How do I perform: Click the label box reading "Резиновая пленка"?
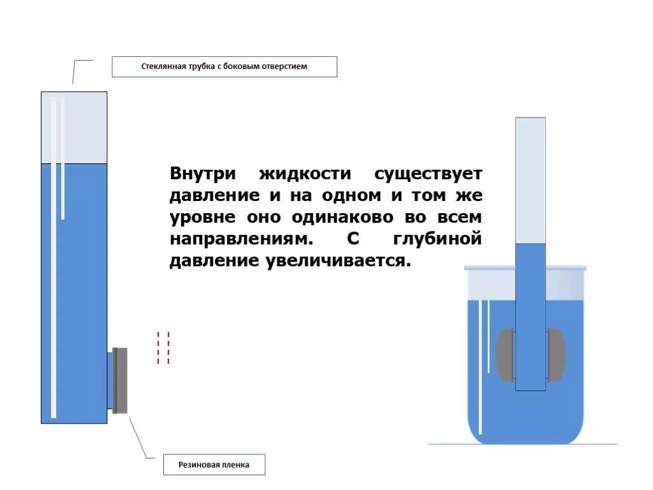(214, 465)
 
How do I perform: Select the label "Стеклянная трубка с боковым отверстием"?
(224, 66)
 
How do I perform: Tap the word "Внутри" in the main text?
(203, 174)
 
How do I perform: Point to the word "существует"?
(428, 174)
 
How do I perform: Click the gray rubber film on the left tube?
(120, 380)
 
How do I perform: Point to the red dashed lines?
(163, 348)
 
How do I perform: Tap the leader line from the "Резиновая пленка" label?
(141, 438)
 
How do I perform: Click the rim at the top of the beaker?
(525, 268)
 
